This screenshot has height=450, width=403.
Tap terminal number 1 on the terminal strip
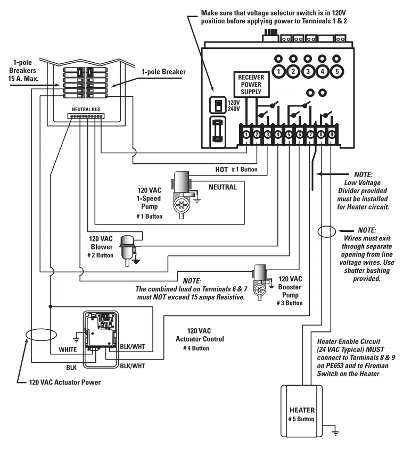point(246,135)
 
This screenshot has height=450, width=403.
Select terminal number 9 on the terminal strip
point(331,135)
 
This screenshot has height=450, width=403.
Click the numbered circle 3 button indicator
point(308,70)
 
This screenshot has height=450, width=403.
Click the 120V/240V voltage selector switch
point(217,105)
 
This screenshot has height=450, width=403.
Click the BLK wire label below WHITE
point(70,367)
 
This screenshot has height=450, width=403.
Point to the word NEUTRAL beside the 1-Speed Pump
point(223,187)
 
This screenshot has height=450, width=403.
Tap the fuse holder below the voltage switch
point(217,131)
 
